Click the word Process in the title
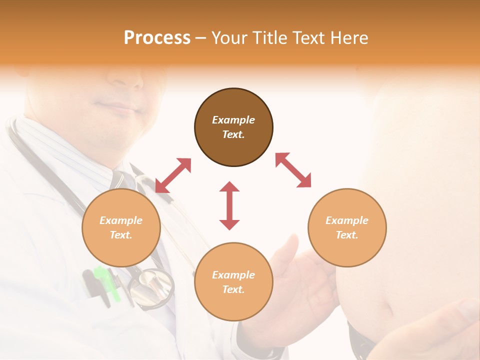click(x=157, y=38)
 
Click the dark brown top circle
click(x=233, y=127)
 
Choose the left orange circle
click(x=121, y=227)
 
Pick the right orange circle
click(x=347, y=227)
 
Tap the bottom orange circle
click(x=233, y=282)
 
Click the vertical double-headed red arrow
click(x=229, y=205)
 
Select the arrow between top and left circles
click(x=173, y=175)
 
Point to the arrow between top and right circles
click(x=293, y=170)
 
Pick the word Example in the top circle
click(x=233, y=120)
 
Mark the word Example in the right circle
click(x=347, y=220)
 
